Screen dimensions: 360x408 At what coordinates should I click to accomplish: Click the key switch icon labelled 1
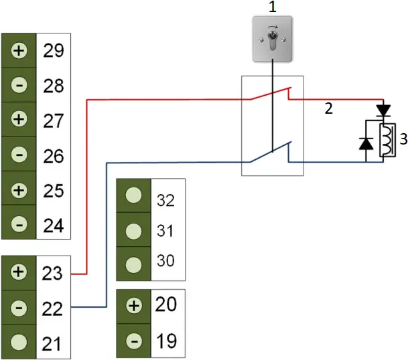coord(273,39)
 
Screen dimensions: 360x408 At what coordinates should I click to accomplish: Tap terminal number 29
coord(53,51)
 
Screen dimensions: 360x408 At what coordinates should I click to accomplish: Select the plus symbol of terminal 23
coord(19,272)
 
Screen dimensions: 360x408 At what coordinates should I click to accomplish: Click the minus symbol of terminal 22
coord(19,308)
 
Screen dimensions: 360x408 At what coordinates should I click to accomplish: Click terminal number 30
coord(165,260)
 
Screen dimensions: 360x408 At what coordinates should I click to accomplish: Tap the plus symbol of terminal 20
coord(134,306)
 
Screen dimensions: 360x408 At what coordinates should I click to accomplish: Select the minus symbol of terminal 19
coord(134,341)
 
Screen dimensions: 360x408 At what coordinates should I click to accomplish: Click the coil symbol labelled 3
coord(387,140)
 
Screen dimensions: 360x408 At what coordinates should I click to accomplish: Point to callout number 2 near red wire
coord(328,108)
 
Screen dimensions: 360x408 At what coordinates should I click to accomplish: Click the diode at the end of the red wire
coord(383,108)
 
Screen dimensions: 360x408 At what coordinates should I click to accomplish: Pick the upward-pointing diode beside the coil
coord(366,143)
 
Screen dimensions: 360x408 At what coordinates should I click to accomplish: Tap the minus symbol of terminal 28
coord(19,86)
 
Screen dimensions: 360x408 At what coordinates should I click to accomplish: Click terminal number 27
coord(53,121)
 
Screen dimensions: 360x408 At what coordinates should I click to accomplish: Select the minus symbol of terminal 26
coord(19,156)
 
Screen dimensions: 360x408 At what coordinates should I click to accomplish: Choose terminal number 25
coord(53,191)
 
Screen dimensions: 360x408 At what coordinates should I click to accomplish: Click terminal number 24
coord(53,226)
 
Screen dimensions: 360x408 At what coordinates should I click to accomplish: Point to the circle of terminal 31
coord(134,230)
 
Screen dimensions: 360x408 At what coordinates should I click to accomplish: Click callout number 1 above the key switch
coord(273,7)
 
